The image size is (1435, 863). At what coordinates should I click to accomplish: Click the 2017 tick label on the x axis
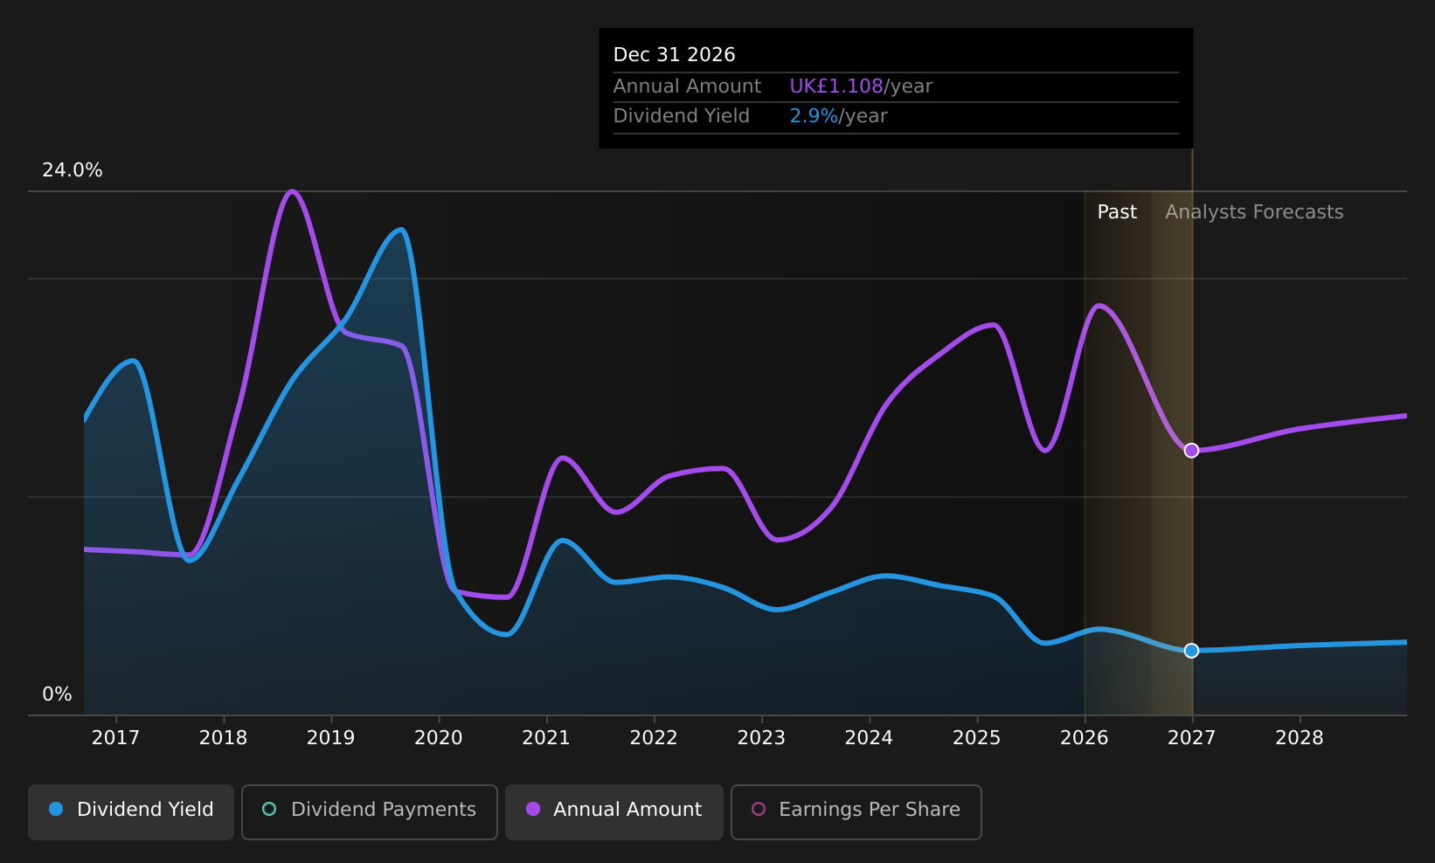point(115,738)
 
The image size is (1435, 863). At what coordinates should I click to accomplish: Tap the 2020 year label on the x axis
point(438,738)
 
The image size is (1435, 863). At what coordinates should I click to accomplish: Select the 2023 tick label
point(761,738)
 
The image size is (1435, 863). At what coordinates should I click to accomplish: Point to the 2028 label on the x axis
point(1300,738)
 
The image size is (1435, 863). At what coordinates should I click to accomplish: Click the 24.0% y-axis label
point(73,170)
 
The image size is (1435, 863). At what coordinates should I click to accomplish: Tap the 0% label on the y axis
point(57,694)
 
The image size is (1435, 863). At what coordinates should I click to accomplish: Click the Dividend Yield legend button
point(131,811)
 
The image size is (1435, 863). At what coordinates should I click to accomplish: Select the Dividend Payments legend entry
point(370,811)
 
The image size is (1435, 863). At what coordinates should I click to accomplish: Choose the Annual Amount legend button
point(614,811)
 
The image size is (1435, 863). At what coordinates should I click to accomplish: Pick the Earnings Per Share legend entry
point(856,811)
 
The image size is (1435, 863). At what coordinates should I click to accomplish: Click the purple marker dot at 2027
point(1191,451)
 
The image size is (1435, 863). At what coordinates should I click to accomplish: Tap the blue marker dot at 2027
point(1191,651)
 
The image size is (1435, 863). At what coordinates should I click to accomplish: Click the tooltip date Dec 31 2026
point(674,55)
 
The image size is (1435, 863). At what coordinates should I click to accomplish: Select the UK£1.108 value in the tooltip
point(836,86)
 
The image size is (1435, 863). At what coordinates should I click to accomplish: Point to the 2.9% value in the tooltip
point(814,116)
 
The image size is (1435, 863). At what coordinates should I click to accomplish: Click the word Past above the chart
point(1117,212)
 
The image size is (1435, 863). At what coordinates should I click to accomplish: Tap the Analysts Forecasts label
point(1254,212)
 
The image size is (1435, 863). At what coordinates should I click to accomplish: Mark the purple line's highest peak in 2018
point(292,190)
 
